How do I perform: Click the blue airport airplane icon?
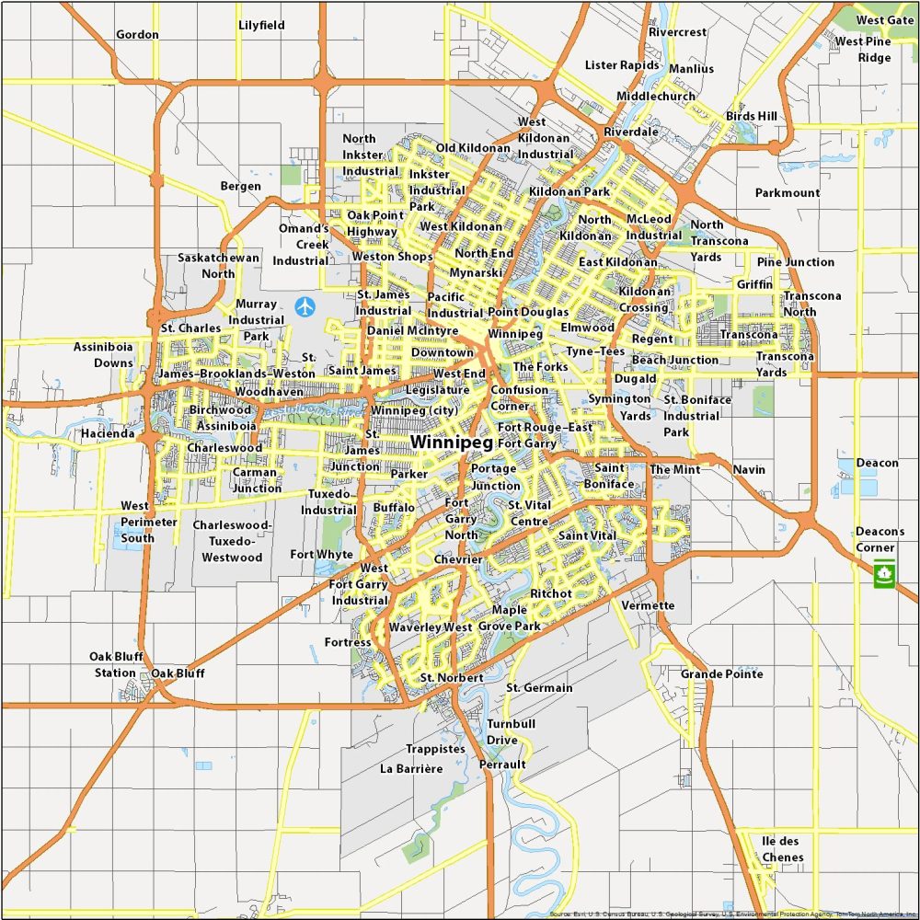tap(305, 305)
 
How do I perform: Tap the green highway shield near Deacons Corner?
tap(884, 575)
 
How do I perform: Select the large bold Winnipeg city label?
tap(452, 443)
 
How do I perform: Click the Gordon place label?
tap(137, 35)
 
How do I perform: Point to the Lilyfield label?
tap(261, 26)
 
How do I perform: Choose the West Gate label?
tap(884, 20)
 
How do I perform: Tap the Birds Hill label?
tap(752, 117)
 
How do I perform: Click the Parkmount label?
tap(787, 193)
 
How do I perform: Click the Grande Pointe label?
tap(721, 674)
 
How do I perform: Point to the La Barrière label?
tap(410, 768)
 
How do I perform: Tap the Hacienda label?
tap(107, 433)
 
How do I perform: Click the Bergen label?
tap(240, 186)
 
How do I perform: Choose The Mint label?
tap(674, 469)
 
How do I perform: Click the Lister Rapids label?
tap(622, 65)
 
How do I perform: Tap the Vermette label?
tap(648, 605)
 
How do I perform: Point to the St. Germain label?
tap(539, 688)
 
